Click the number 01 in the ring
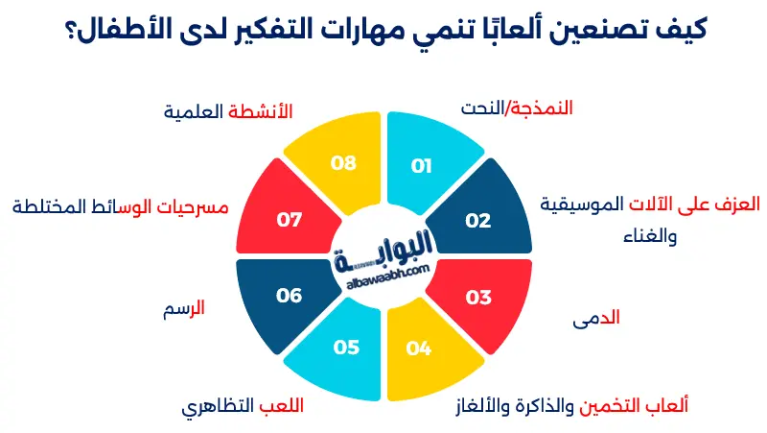pos(421,166)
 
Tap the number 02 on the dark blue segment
pos(478,220)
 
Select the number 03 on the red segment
pos(478,297)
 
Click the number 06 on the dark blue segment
pos(290,296)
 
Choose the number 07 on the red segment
pos(290,220)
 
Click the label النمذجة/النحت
pos(517,108)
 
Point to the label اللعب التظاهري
pos(242,405)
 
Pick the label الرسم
pos(186,309)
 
